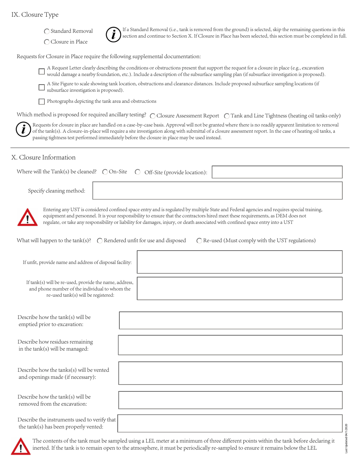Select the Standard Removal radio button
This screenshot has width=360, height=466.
click(47, 31)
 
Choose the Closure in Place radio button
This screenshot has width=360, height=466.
click(47, 42)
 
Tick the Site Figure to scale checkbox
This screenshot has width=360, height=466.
click(42, 87)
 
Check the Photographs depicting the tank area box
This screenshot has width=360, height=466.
click(42, 101)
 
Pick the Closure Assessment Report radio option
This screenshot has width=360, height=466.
click(152, 116)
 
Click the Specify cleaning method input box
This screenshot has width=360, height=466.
click(218, 190)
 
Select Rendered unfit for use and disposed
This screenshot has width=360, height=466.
click(100, 241)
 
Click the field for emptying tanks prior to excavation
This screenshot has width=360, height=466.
click(230, 320)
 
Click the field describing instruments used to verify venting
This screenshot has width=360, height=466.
click(230, 423)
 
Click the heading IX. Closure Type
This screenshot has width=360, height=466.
click(35, 15)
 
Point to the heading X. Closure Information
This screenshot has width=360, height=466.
click(44, 157)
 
